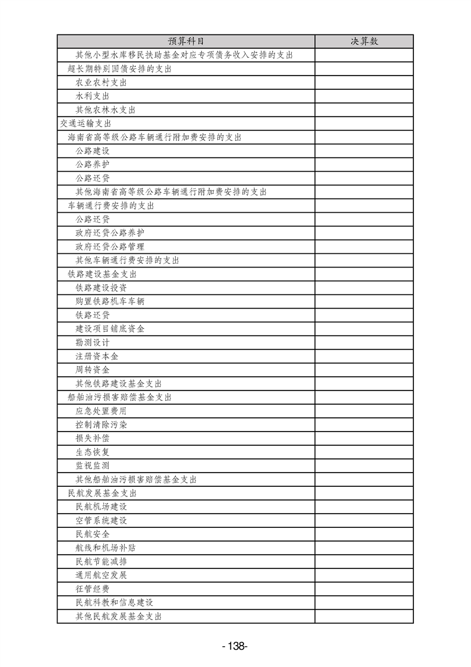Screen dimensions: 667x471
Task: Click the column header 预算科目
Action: point(186,41)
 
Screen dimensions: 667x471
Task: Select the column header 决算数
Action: point(364,41)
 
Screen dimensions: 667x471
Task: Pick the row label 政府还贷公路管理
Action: point(109,247)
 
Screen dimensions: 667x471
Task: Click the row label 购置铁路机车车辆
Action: point(109,301)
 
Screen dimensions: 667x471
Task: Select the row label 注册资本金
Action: point(97,356)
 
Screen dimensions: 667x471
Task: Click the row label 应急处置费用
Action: point(101,411)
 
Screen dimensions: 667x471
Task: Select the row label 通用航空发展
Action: point(101,575)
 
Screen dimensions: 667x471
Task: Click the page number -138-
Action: point(235,646)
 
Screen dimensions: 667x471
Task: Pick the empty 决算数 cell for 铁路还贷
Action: point(364,315)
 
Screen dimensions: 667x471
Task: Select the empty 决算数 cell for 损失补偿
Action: point(364,438)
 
